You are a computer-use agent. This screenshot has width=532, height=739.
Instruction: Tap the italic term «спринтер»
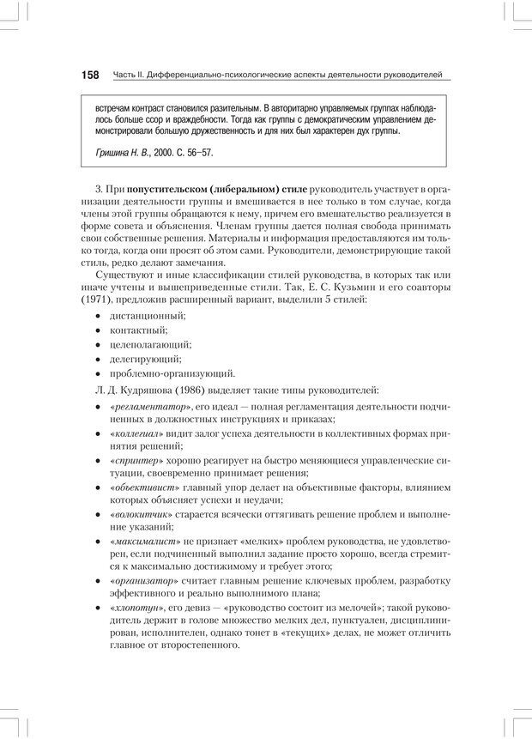[134, 462]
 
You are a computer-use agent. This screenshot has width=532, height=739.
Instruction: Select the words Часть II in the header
[130, 76]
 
